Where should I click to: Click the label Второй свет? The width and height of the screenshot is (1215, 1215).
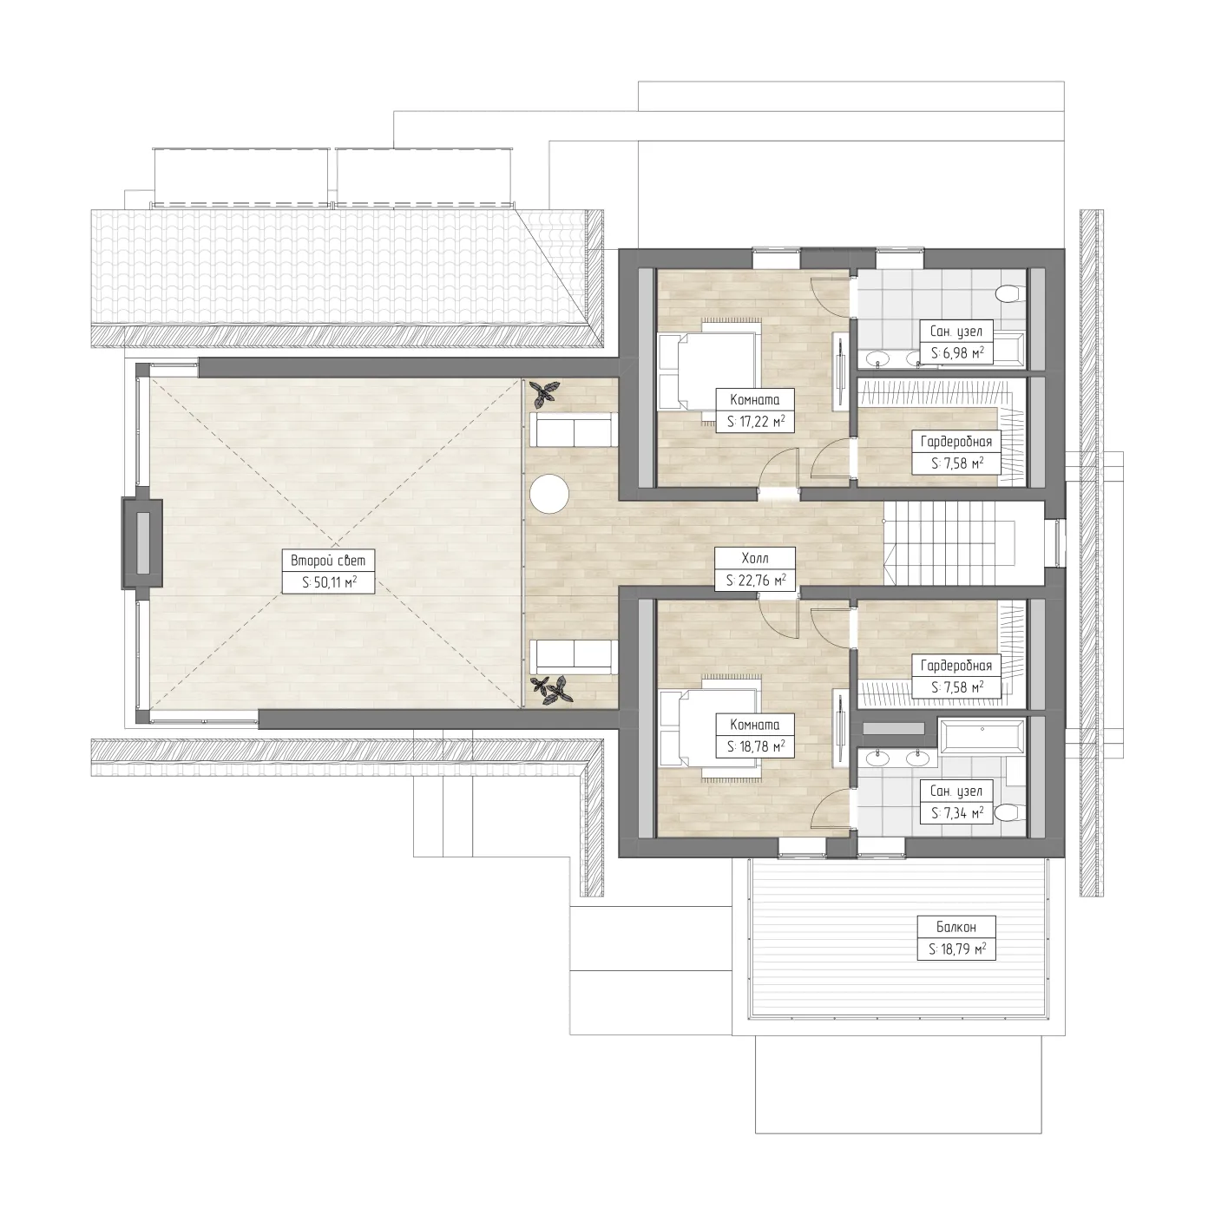click(328, 561)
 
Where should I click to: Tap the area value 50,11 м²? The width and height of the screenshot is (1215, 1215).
click(329, 582)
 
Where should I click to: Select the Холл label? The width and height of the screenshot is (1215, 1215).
click(755, 558)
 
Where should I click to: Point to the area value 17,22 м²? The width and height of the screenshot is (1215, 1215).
click(755, 421)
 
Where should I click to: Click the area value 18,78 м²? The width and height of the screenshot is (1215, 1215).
click(755, 746)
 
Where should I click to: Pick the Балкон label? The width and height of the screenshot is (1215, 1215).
click(956, 927)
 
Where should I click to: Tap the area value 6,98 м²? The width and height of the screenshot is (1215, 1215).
click(956, 353)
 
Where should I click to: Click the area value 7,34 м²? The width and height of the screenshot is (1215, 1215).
click(956, 813)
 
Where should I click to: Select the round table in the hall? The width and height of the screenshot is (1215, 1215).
click(550, 494)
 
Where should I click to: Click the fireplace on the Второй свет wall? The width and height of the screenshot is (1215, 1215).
click(142, 543)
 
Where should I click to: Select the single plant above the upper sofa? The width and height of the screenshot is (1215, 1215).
click(543, 394)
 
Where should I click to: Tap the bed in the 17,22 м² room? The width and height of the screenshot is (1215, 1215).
click(710, 372)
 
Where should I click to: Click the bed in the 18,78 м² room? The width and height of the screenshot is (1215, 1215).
click(710, 728)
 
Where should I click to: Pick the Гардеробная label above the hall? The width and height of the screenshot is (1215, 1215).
click(956, 442)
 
